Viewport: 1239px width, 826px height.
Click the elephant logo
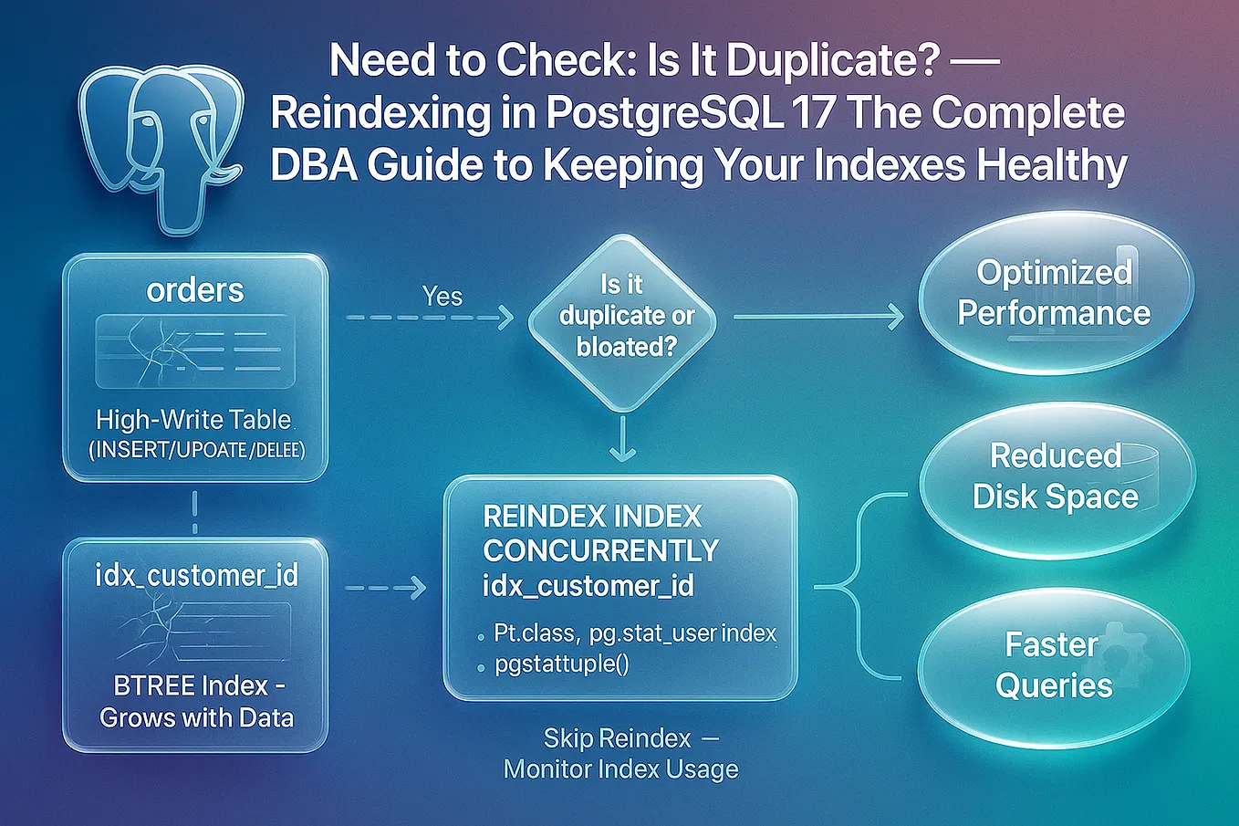point(161,146)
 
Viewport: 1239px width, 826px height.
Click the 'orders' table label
point(195,290)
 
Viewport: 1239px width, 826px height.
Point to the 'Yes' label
point(442,297)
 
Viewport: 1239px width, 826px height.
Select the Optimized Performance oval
point(1054,293)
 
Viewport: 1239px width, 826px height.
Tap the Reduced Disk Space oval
point(1056,476)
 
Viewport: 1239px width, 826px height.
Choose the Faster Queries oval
point(1054,664)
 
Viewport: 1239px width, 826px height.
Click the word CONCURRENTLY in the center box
point(601,550)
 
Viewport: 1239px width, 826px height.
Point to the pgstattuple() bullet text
point(562,664)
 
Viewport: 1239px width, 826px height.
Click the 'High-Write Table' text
point(193,420)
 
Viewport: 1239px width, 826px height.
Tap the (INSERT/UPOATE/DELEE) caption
point(196,449)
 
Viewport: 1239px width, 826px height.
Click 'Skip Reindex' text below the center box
point(617,737)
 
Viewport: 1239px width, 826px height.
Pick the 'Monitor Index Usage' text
point(620,769)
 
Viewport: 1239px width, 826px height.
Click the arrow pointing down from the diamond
point(622,439)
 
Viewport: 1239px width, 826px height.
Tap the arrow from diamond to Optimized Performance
point(817,317)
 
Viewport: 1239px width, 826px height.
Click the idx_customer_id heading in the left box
point(196,575)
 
